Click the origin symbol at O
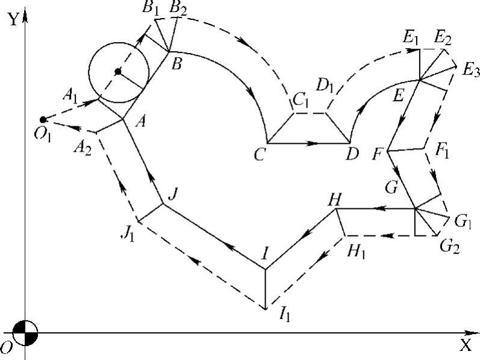tap(25, 332)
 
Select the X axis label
tap(465, 345)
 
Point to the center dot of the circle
tap(118, 72)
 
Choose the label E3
tap(470, 70)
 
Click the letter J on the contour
tap(173, 194)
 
